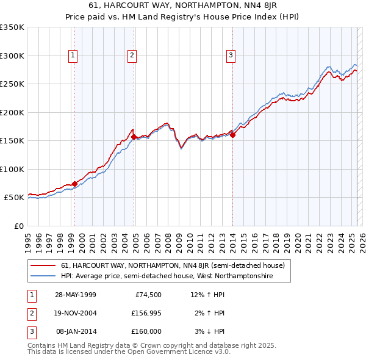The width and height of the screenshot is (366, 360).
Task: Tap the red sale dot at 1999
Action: [x=74, y=184]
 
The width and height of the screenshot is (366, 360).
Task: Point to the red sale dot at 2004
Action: [x=134, y=137]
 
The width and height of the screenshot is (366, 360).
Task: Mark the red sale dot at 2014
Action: [x=232, y=135]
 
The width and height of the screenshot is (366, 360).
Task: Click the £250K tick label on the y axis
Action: [x=12, y=84]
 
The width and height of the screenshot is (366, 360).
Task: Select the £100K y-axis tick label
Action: [x=12, y=169]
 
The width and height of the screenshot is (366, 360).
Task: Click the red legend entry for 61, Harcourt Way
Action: [x=173, y=265]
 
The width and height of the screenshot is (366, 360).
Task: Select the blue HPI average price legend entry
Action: [x=167, y=276]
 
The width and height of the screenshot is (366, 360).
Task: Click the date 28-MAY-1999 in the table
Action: [x=76, y=295]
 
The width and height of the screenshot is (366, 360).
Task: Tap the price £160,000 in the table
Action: [x=146, y=331]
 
